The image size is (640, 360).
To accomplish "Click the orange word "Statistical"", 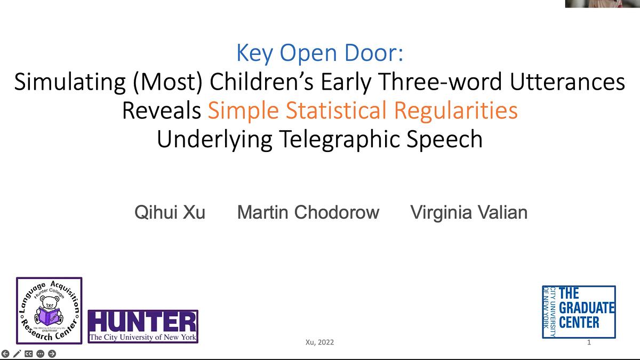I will [x=337, y=110].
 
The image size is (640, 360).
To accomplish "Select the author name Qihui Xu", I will [x=170, y=212].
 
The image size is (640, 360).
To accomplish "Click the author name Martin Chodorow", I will [x=308, y=212].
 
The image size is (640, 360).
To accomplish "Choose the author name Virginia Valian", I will [x=469, y=212].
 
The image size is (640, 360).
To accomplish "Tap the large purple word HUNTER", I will [x=142, y=322].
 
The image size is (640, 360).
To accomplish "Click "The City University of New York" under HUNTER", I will [x=142, y=338].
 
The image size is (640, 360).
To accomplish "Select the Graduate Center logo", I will [x=579, y=312].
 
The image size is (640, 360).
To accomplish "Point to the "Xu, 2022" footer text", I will [x=320, y=342].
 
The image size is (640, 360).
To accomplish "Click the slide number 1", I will [x=589, y=342].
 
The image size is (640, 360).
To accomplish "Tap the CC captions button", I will [x=29, y=354].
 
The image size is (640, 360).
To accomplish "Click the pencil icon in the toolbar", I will [x=17, y=354].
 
